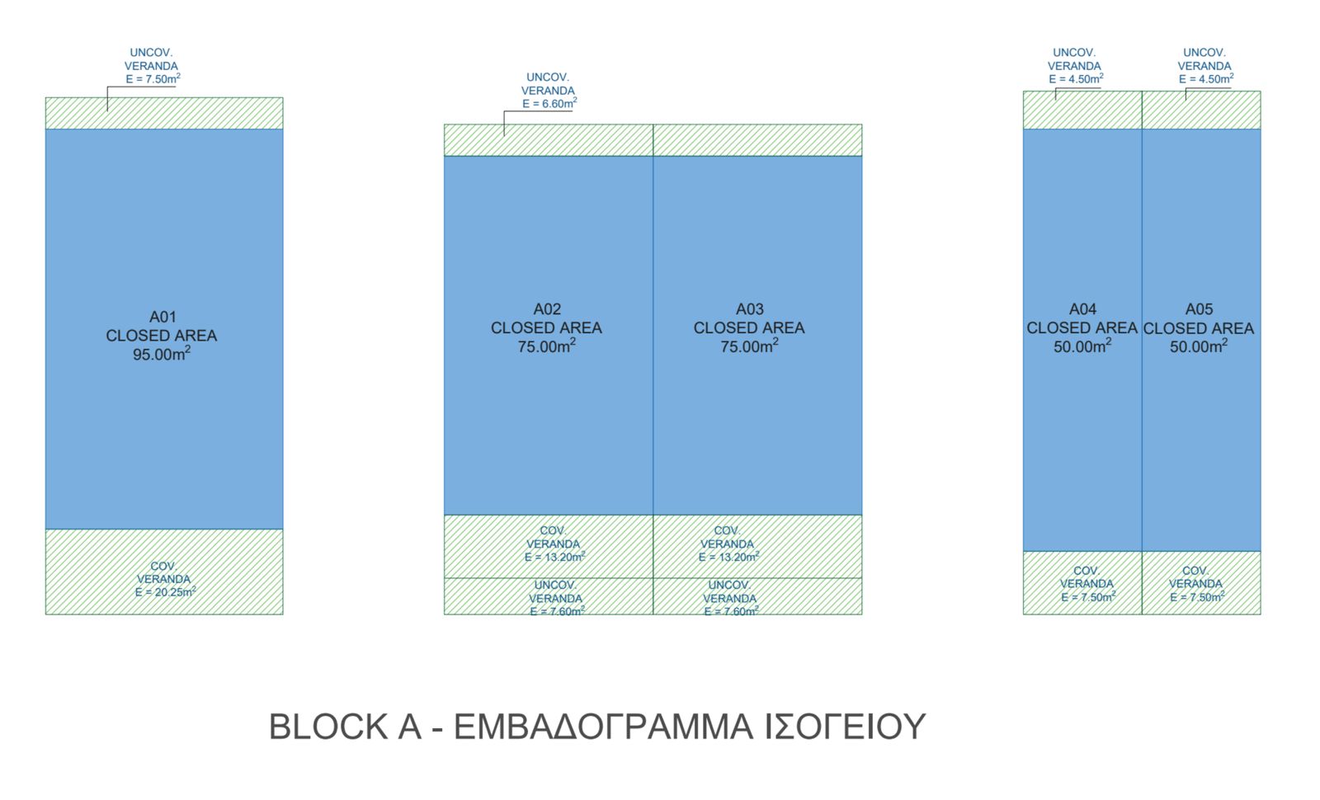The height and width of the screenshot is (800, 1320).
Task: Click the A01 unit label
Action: click(x=163, y=317)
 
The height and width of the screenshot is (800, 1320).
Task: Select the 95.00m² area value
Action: click(x=162, y=354)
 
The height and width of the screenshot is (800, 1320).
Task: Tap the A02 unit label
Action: click(x=547, y=309)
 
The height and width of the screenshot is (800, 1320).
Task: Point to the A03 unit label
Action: click(x=750, y=309)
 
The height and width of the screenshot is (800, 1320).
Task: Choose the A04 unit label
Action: click(x=1082, y=309)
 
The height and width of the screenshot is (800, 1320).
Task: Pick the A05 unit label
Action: click(x=1200, y=309)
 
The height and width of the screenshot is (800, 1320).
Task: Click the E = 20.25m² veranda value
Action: click(x=165, y=592)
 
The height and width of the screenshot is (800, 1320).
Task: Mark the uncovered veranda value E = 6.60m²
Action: click(x=549, y=104)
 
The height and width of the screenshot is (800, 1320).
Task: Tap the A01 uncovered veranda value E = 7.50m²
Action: click(x=153, y=79)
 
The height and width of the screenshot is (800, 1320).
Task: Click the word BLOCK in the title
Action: click(x=328, y=727)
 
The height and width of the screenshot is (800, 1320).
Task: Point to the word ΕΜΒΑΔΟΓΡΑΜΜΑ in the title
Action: click(x=603, y=727)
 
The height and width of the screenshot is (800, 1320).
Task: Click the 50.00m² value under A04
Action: click(x=1082, y=346)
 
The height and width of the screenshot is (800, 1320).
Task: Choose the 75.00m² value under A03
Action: click(x=749, y=346)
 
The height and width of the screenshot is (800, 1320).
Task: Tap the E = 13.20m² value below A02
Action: click(x=554, y=557)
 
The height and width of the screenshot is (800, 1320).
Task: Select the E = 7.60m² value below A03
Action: click(x=731, y=611)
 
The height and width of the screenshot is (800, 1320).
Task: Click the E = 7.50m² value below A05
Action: click(x=1197, y=597)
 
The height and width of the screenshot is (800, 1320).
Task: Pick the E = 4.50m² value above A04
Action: click(x=1076, y=79)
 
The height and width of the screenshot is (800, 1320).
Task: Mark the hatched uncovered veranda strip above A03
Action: click(x=758, y=140)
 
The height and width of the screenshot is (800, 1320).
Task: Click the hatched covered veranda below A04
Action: click(x=1082, y=582)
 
